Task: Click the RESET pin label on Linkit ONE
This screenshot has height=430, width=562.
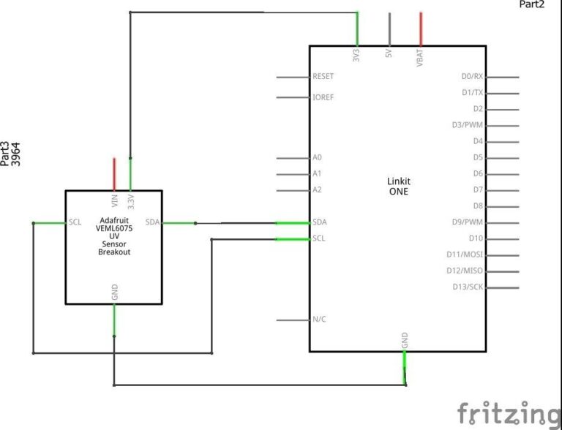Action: [x=323, y=76]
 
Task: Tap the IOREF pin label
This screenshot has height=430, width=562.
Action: [x=323, y=97]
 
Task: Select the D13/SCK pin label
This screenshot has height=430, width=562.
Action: [x=468, y=287]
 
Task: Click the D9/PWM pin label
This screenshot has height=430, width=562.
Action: [x=468, y=222]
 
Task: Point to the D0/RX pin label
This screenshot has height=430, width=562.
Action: [x=472, y=76]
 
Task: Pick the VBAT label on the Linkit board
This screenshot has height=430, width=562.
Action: [x=420, y=58]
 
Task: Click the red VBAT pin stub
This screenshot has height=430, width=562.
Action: [x=421, y=29]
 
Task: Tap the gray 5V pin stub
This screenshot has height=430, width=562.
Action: [x=389, y=29]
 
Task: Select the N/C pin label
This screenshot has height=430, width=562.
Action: [x=319, y=319]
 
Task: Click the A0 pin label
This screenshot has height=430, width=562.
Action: [x=317, y=157]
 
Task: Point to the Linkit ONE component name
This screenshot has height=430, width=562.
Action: [x=399, y=186]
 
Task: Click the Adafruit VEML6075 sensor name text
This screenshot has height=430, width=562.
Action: [x=114, y=236]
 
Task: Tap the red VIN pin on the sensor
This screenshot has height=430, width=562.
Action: [x=114, y=174]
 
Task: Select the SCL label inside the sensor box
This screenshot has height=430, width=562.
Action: [x=75, y=222]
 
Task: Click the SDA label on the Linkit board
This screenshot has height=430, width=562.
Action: [x=319, y=222]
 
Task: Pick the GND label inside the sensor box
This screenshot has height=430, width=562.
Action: [x=115, y=292]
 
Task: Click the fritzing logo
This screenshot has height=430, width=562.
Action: [x=509, y=414]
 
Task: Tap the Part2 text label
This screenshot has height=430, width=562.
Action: [x=532, y=4]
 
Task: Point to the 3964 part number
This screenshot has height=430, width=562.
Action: [x=16, y=154]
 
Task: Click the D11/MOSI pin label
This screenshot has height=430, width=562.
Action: [x=465, y=254]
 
